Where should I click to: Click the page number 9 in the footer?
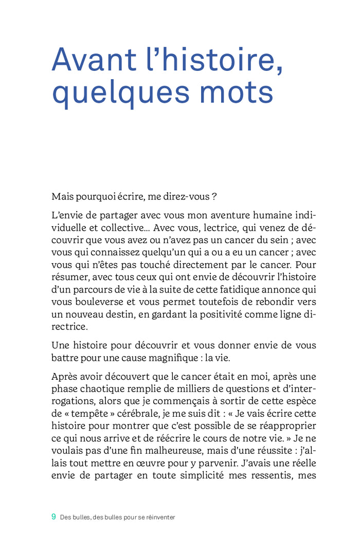[53, 517]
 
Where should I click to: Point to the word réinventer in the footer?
[157, 517]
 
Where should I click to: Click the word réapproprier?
[285, 426]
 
